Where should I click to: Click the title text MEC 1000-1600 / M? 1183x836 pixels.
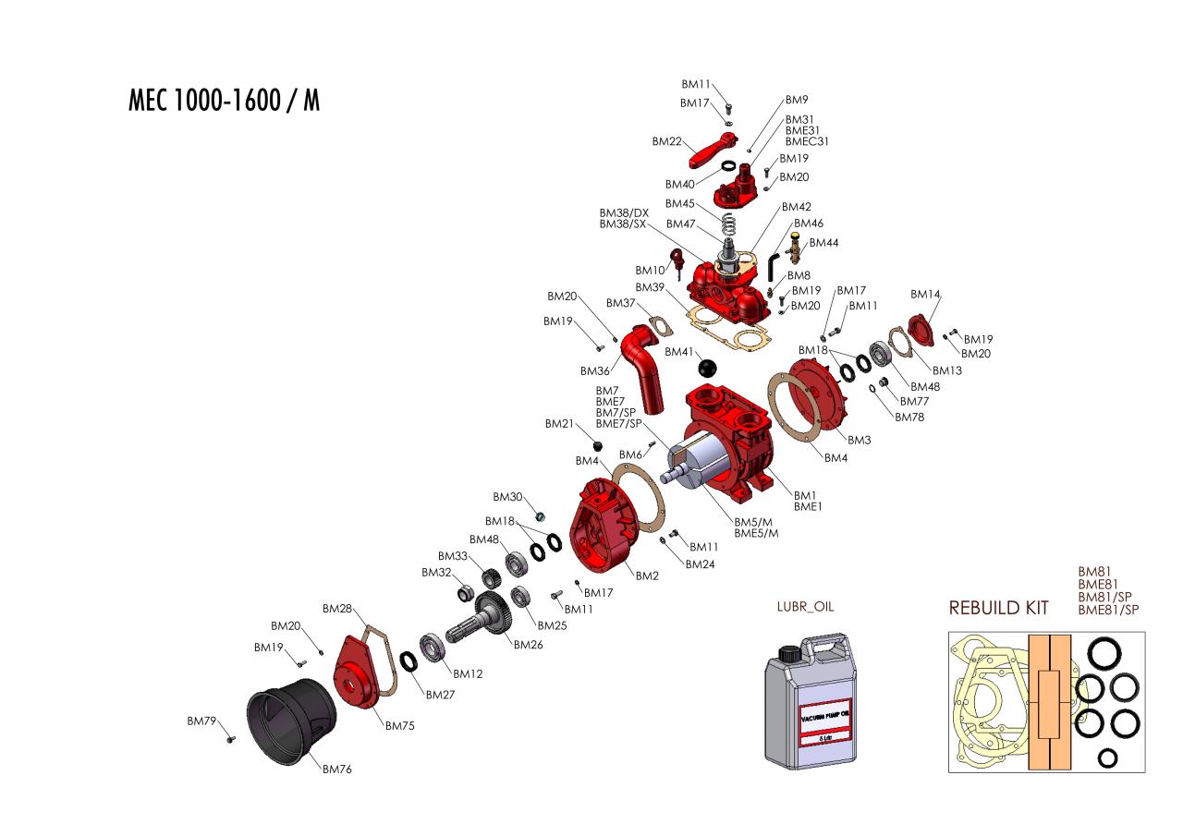coord(225,101)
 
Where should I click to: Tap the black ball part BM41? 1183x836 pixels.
coord(708,368)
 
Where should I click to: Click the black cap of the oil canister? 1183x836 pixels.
coord(788,653)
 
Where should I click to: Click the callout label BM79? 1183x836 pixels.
coord(201,721)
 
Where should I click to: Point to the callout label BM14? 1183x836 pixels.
coord(925,295)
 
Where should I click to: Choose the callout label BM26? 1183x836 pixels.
coord(528,645)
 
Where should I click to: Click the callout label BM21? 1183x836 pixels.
coord(560,424)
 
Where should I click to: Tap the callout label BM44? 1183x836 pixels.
coord(824,243)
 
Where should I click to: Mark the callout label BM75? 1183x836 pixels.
coord(399,726)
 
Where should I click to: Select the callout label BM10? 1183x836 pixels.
coord(650,271)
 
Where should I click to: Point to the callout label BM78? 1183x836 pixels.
coord(909,417)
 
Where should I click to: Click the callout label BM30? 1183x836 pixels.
coord(508,497)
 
